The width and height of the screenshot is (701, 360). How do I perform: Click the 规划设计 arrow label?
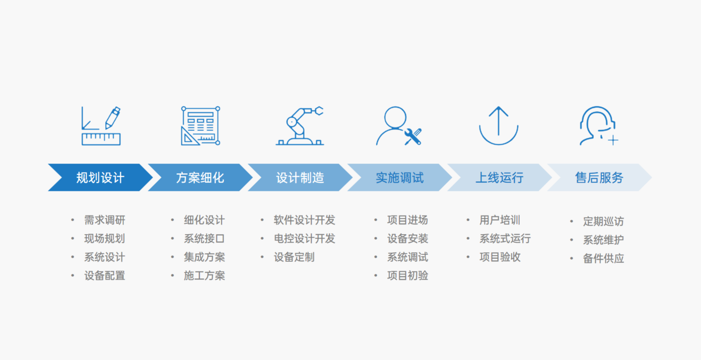100,178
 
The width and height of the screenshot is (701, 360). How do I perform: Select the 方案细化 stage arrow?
200,177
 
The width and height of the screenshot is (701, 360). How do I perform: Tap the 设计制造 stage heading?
300,178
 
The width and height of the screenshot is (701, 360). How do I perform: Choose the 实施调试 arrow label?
400,178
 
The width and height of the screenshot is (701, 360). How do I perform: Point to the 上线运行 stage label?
500,178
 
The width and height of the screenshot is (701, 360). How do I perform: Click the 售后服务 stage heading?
599,178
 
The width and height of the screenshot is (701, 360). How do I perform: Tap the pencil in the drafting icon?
113,118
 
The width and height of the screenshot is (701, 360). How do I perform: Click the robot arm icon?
300,126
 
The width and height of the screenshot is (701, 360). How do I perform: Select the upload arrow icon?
499,126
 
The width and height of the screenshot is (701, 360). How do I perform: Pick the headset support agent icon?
599,126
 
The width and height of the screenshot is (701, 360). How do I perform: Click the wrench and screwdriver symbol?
413,136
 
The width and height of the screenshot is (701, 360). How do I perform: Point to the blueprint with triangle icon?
200,126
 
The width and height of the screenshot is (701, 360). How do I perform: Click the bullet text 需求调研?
105,220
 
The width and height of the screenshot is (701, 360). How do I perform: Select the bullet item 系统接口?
204,239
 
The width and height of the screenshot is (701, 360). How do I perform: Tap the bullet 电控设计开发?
305,239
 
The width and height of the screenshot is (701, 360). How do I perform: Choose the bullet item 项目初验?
407,275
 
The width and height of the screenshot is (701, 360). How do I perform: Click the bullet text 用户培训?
500,220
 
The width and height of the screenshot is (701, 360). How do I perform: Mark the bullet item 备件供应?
603,258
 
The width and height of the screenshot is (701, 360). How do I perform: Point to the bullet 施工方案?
204,275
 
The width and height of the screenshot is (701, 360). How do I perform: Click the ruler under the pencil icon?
101,139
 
